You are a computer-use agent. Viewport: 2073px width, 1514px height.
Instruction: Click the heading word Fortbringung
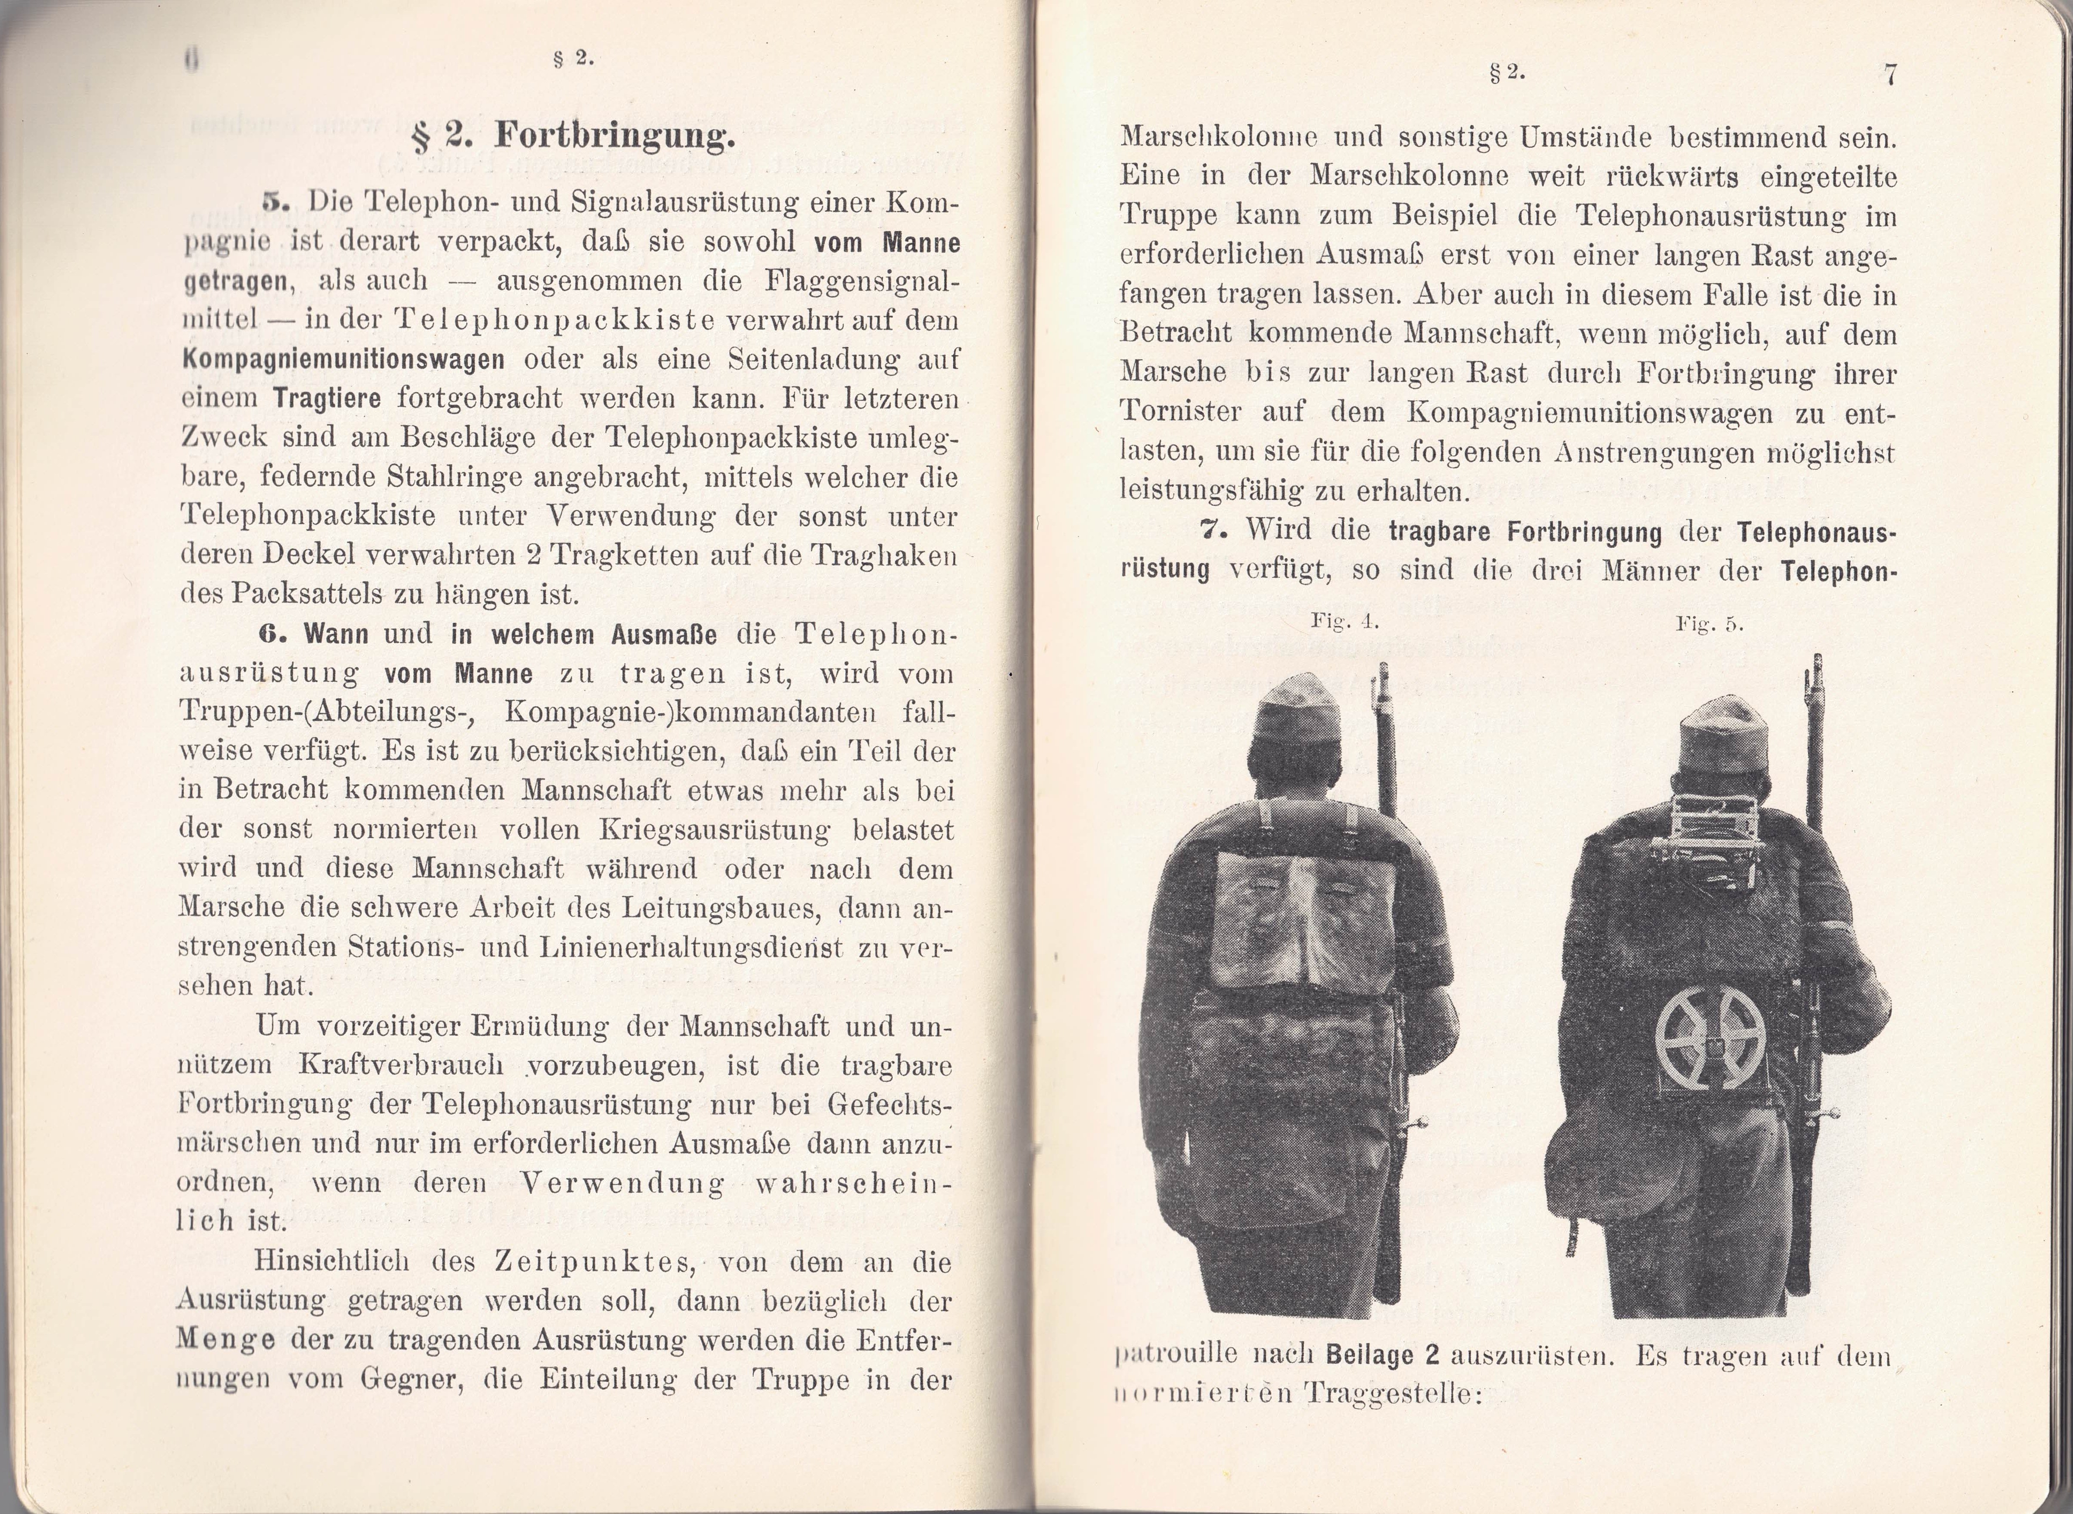[614, 137]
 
